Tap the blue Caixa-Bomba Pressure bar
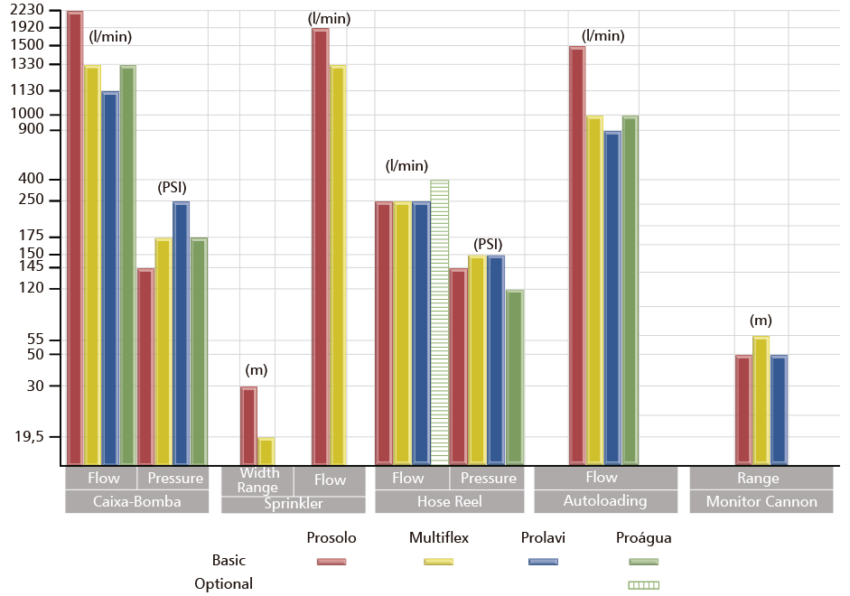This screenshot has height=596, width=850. point(181,333)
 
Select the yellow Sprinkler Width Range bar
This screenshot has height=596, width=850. point(266,451)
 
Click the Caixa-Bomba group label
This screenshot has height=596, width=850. point(137,502)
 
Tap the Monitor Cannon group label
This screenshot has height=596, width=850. point(761,502)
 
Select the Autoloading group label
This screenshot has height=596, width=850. point(605,500)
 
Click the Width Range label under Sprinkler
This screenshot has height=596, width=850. point(257,480)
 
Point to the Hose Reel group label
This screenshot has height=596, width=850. point(449,502)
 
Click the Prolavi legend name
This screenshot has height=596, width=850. point(543,538)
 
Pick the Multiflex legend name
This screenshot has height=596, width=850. point(438,538)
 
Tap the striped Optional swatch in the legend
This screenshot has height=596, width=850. point(644,584)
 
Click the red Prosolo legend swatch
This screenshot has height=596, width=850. point(332,562)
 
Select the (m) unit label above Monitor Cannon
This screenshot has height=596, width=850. point(761,321)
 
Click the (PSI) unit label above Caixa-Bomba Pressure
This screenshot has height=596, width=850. point(173,188)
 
